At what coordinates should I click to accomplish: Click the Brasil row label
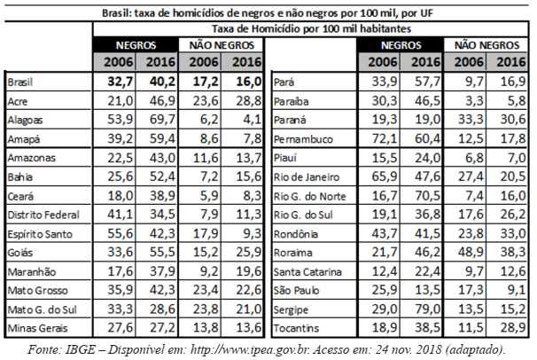[x=20, y=82]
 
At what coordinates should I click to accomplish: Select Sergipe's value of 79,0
[x=427, y=309]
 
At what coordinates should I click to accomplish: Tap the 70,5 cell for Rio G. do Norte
[x=427, y=196]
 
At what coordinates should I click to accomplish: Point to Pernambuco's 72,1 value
[x=385, y=138]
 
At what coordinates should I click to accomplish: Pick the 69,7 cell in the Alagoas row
[x=162, y=120]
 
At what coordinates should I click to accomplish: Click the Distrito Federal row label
[x=43, y=215]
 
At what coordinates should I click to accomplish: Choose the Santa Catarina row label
[x=307, y=271]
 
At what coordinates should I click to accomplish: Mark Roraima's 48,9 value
[x=471, y=253]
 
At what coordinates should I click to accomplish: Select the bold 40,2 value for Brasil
[x=162, y=82]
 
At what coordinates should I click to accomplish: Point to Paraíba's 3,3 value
[x=475, y=101]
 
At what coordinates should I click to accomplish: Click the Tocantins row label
[x=296, y=328]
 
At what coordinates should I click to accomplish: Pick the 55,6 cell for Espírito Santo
[x=121, y=233]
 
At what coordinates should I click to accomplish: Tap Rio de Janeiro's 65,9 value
[x=385, y=176]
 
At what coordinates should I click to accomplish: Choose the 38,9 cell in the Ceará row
[x=162, y=196]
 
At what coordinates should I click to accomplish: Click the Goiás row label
[x=20, y=253]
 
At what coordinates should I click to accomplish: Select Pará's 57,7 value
[x=427, y=82]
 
